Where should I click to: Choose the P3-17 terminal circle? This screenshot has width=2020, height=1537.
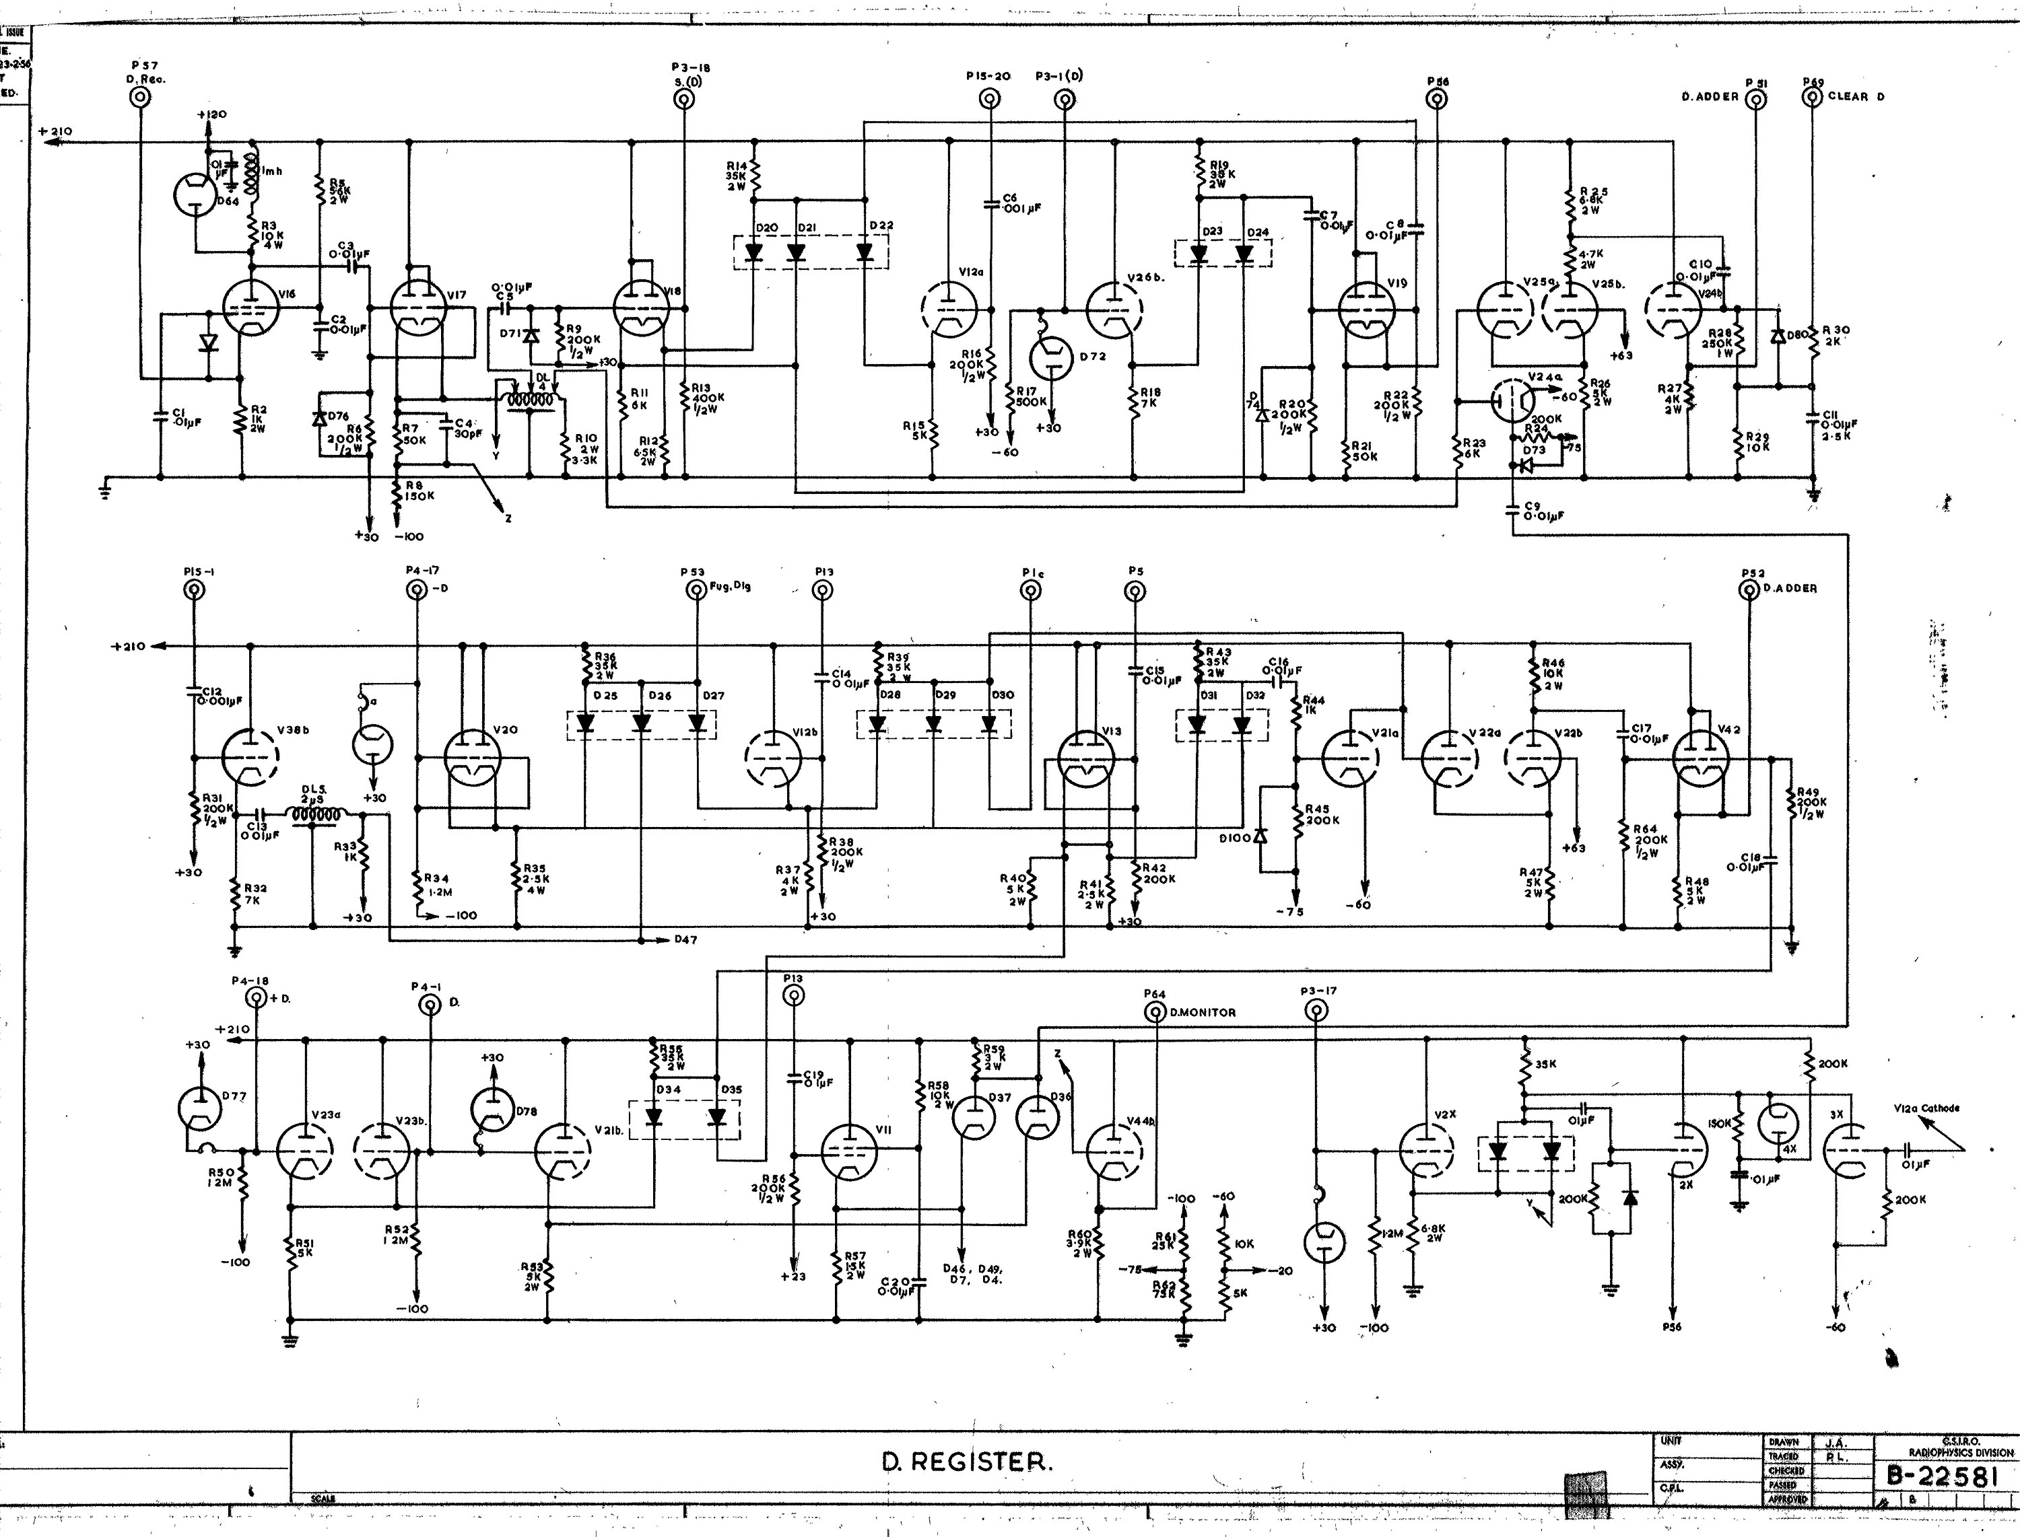tap(1315, 1011)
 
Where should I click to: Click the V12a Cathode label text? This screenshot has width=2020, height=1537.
tap(1926, 1108)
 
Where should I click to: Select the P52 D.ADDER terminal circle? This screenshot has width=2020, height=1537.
tap(1748, 590)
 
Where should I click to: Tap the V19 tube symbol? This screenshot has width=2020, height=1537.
tap(1366, 310)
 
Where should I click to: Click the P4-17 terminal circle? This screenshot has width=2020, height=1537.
tap(417, 590)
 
